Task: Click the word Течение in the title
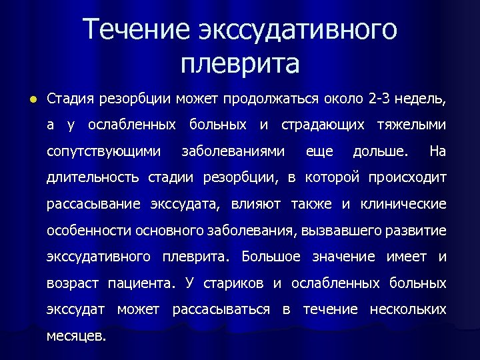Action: (136, 30)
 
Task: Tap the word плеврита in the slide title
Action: (240, 64)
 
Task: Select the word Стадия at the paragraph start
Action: (69, 99)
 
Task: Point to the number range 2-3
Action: (381, 99)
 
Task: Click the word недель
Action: (423, 99)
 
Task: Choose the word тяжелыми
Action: (411, 125)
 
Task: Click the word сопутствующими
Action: (103, 151)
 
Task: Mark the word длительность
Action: (93, 178)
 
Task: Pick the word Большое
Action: (271, 257)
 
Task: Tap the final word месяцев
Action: (76, 336)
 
